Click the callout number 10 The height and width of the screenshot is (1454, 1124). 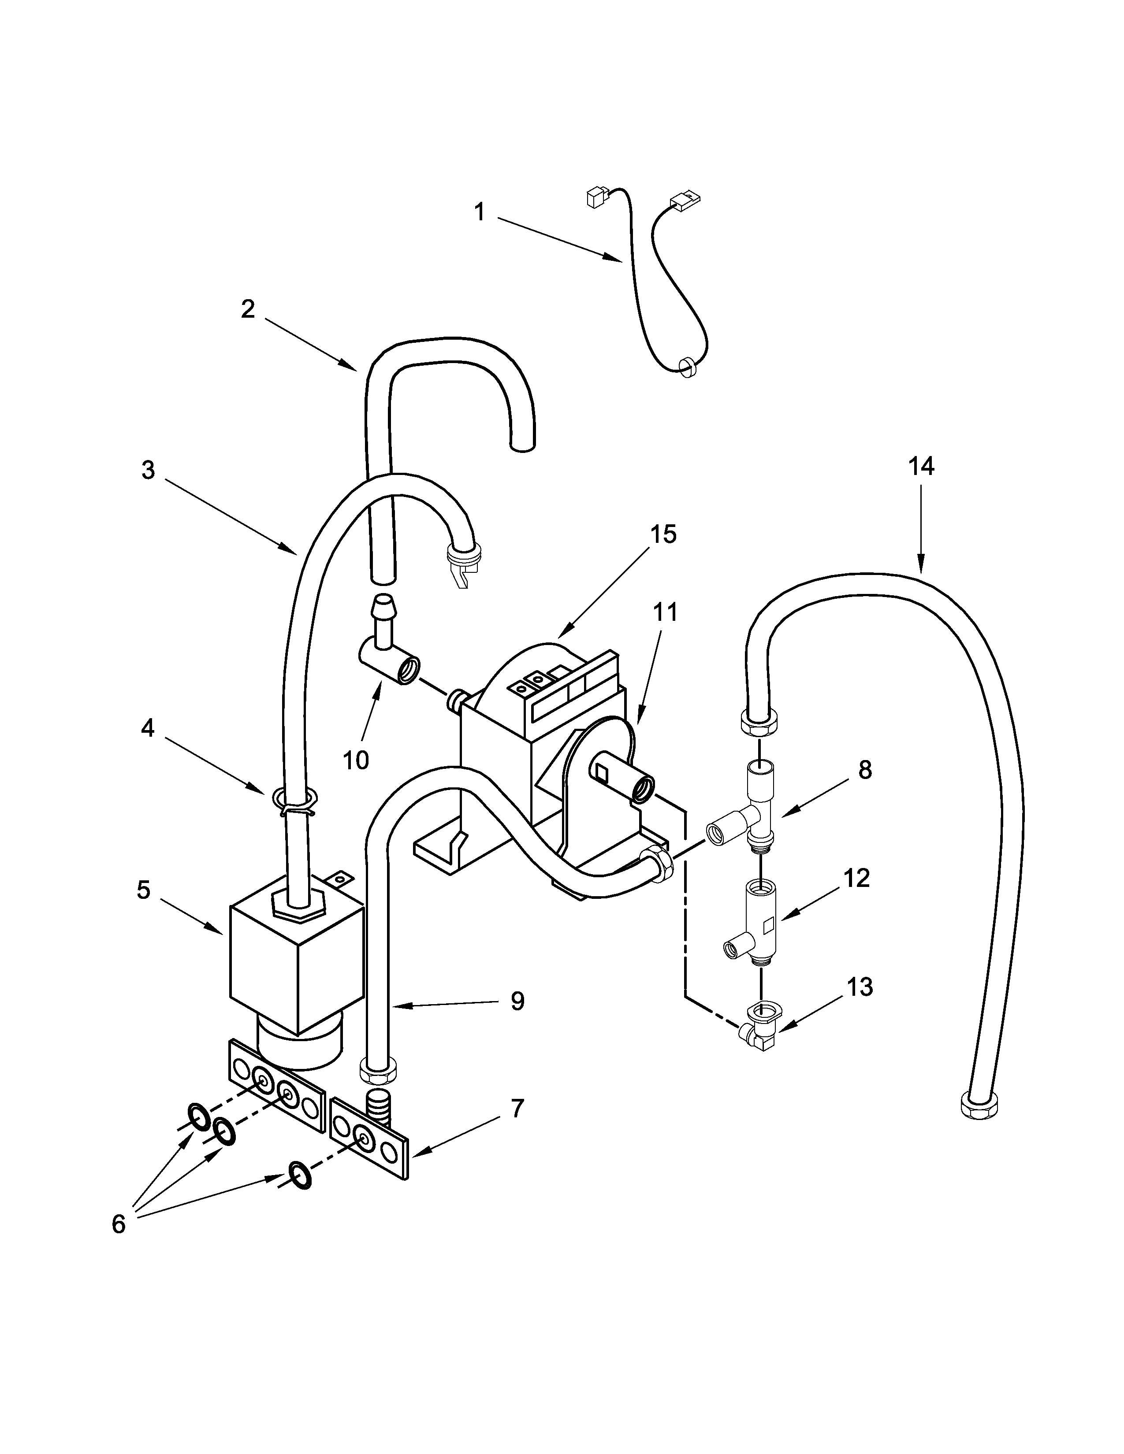[356, 760]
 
